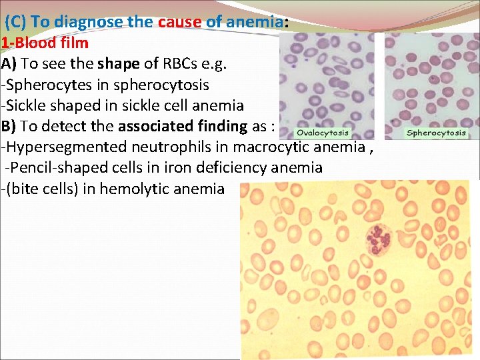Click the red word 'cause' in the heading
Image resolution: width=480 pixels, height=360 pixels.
tap(180, 21)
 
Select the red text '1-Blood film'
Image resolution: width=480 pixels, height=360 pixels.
tap(45, 43)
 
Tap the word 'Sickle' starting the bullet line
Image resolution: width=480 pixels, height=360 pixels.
tap(26, 105)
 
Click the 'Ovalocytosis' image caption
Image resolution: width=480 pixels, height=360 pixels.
tap(323, 133)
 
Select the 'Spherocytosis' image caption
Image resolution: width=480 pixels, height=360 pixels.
tap(436, 133)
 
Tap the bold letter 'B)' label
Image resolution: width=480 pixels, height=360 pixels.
tap(9, 126)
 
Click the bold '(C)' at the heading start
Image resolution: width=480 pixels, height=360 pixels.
tap(16, 21)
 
